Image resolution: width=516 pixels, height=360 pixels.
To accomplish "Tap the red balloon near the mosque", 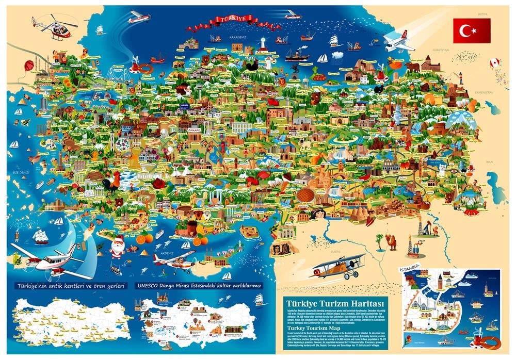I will point(29,66).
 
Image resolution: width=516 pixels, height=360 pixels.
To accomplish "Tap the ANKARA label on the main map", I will point(194,131).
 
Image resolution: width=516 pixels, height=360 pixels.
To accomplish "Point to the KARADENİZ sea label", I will point(224,37).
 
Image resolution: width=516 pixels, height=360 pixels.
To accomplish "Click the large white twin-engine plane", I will point(49,260).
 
